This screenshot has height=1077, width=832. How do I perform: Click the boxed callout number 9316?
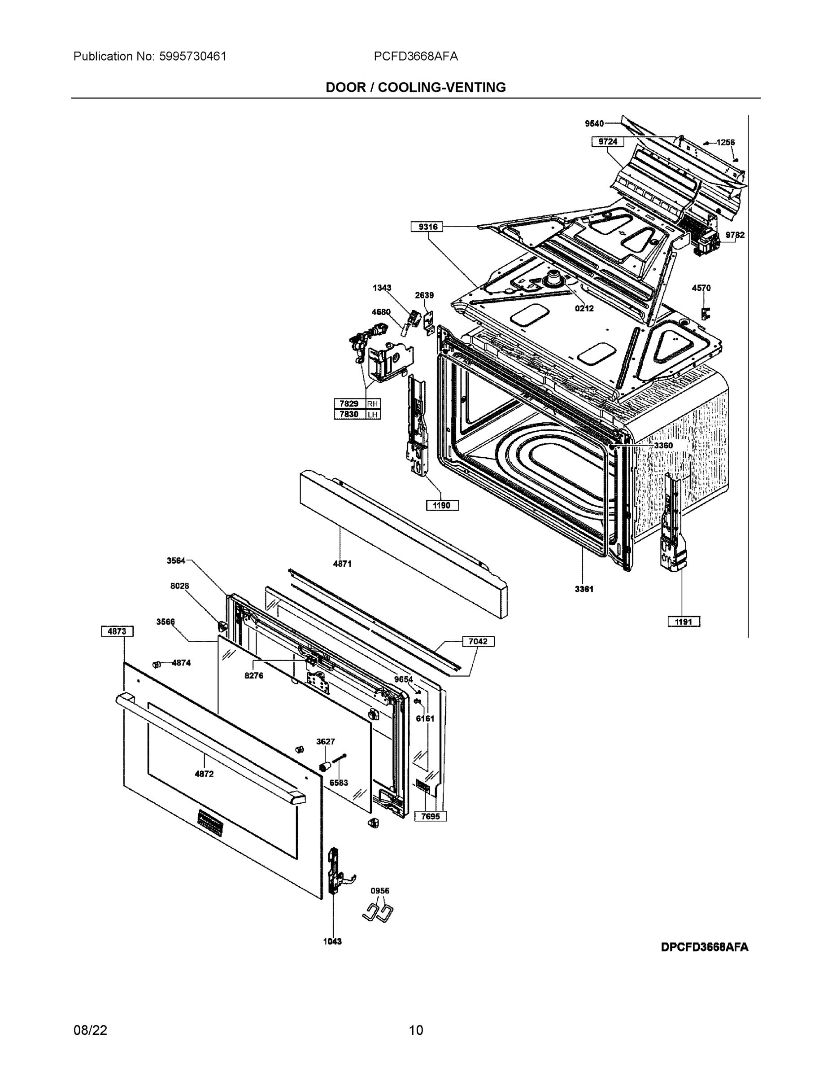(x=427, y=227)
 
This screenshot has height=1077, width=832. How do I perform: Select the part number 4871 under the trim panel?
(x=342, y=564)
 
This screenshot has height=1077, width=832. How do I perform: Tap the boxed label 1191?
(x=684, y=622)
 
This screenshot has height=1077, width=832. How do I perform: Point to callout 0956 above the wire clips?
(x=380, y=891)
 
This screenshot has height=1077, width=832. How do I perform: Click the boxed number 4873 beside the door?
(x=118, y=631)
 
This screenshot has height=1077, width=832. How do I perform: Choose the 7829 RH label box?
(x=357, y=403)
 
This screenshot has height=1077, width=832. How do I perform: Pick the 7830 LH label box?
(x=357, y=415)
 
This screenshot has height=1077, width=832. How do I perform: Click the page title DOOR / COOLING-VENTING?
(x=415, y=88)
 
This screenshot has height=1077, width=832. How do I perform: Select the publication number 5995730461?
(x=192, y=56)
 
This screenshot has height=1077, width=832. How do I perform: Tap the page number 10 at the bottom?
(x=416, y=1030)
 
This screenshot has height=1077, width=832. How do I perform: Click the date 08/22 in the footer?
(x=90, y=1030)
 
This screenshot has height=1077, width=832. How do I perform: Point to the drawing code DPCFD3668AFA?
(x=704, y=947)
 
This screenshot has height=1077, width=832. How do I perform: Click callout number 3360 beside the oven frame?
(x=663, y=446)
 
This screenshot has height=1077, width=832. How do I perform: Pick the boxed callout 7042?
(x=478, y=642)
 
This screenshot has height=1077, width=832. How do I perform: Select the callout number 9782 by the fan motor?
(x=735, y=235)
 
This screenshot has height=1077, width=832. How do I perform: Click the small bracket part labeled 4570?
(x=706, y=313)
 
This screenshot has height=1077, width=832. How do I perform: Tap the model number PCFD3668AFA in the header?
(x=415, y=56)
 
